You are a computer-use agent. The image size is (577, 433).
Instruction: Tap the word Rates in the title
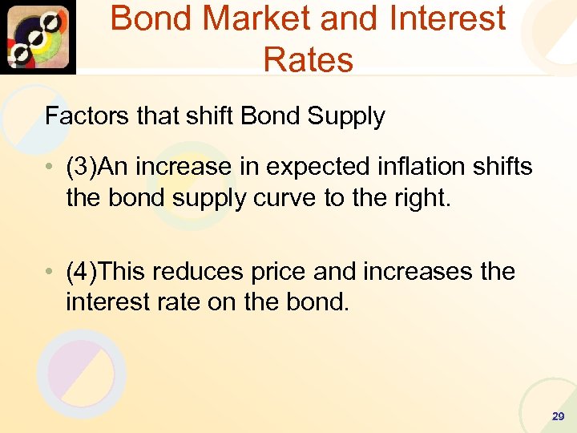point(308,59)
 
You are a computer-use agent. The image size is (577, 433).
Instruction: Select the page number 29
point(558,416)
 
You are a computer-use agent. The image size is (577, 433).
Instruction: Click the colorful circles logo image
point(38,37)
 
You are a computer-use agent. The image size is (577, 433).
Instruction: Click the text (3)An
point(98,167)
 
